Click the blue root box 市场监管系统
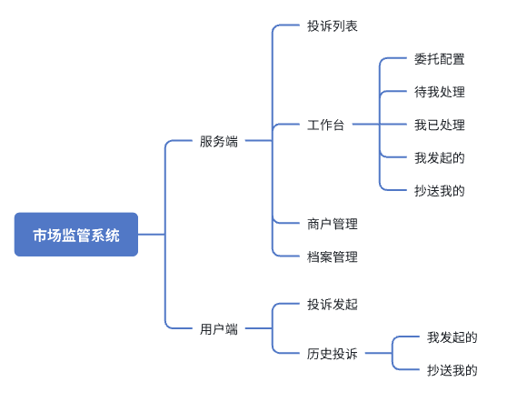[x=76, y=235]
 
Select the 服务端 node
[x=219, y=141]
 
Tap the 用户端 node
[x=219, y=329]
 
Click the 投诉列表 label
[x=332, y=25]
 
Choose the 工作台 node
[x=325, y=125]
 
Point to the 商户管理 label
[x=332, y=224]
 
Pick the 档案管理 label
[x=332, y=256]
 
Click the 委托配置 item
[x=439, y=59]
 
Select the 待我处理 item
[x=439, y=92]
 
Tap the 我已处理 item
[x=439, y=125]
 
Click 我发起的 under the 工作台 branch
[x=439, y=157]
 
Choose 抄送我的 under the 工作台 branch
[x=439, y=190]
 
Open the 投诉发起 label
[x=332, y=304]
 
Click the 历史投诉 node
[x=332, y=354]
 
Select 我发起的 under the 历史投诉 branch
[x=452, y=337]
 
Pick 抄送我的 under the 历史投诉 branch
[x=452, y=370]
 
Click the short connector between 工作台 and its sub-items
[x=363, y=125]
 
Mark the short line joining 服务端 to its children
[x=258, y=141]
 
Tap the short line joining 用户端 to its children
[x=258, y=329]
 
